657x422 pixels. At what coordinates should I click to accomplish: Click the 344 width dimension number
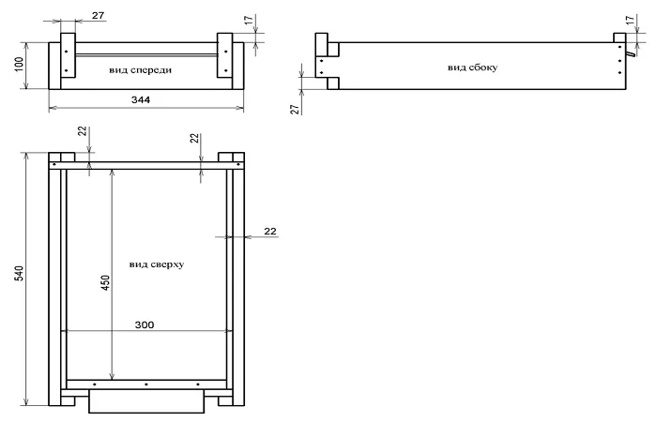click(141, 100)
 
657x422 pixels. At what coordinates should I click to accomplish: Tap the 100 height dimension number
click(20, 65)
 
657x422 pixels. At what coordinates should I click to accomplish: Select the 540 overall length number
click(20, 273)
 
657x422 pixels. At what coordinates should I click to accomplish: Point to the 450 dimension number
click(105, 282)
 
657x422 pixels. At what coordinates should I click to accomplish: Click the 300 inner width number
click(145, 324)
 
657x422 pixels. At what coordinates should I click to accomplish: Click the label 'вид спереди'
click(141, 70)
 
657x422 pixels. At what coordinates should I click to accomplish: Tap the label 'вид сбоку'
click(472, 68)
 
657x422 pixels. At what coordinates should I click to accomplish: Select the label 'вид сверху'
click(157, 264)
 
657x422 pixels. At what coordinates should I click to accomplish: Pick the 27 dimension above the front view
click(98, 16)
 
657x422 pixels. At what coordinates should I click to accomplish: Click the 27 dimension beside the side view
click(296, 109)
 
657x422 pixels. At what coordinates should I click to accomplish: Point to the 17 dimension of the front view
click(249, 21)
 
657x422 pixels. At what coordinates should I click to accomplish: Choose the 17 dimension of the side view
click(630, 21)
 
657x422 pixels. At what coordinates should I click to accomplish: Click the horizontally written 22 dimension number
click(270, 232)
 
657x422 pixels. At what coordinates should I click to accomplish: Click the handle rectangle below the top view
click(146, 401)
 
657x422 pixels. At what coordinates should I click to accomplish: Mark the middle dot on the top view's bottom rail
click(145, 384)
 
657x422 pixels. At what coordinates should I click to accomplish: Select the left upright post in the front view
click(68, 55)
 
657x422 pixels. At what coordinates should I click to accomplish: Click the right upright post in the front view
click(224, 55)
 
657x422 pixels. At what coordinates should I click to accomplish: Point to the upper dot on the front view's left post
click(67, 52)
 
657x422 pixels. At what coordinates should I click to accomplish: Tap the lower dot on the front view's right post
click(226, 70)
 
